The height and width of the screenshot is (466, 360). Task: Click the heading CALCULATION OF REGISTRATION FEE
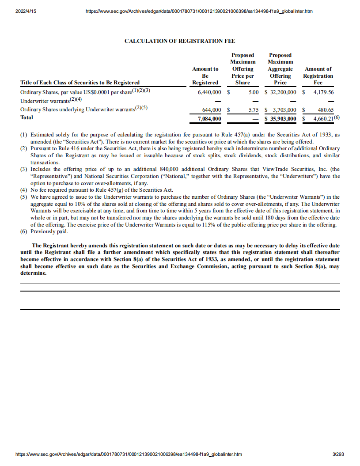180,41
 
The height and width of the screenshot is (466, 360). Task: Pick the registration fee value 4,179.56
323,92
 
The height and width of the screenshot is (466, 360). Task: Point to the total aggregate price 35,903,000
282,118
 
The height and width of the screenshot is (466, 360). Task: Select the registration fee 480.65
326,110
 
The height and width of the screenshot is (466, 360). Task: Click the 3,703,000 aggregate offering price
284,110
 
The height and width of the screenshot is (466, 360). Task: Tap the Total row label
27,117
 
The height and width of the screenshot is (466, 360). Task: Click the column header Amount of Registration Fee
318,76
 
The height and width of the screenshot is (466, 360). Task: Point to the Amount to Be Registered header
205,76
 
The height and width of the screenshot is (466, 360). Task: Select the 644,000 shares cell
212,110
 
